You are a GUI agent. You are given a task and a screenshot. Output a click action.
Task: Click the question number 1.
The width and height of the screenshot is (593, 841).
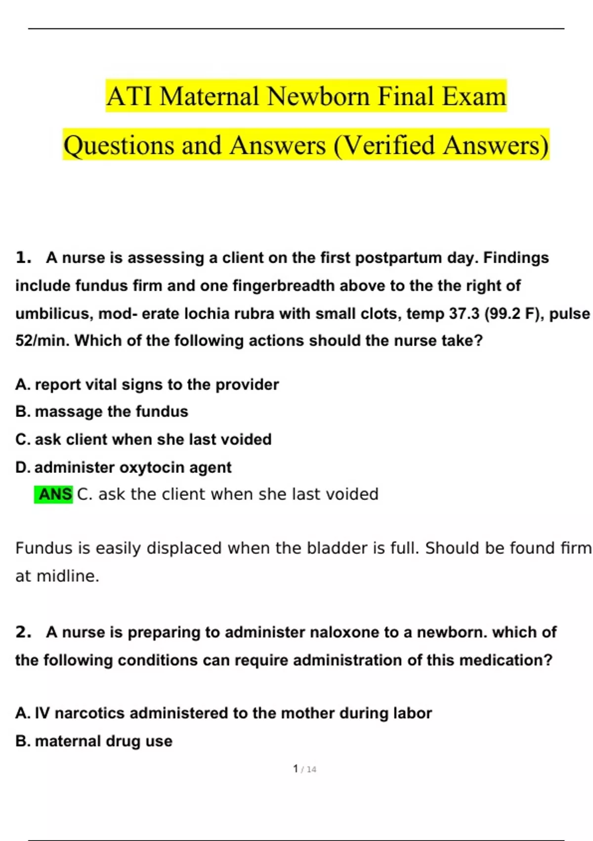pos(23,258)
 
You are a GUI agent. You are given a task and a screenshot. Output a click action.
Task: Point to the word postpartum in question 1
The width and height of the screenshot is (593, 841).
pos(398,258)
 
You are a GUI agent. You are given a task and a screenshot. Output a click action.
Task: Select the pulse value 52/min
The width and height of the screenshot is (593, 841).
pos(42,341)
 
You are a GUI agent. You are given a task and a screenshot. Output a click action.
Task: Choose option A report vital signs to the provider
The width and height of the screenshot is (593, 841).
pos(147,384)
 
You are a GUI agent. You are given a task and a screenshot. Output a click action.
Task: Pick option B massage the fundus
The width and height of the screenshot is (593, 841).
pos(102,412)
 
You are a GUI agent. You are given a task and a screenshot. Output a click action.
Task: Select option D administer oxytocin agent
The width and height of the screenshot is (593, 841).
pos(124,467)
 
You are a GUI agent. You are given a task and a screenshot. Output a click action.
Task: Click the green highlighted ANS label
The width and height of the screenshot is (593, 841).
pos(54,494)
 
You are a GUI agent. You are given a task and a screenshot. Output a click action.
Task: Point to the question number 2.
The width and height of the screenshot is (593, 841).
pos(23,632)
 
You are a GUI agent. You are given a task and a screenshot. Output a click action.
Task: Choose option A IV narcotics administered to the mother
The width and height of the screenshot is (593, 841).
pos(223,713)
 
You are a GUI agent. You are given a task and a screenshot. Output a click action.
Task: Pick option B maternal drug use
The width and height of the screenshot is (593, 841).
pos(94,741)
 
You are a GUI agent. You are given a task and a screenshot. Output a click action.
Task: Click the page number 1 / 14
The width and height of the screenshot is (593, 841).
pos(304,769)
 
